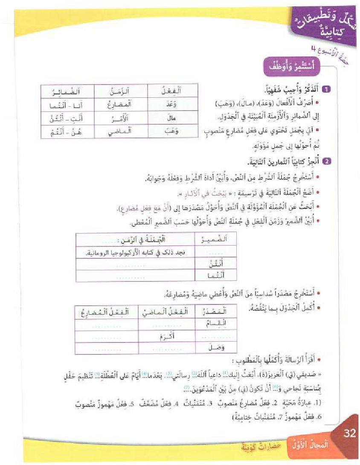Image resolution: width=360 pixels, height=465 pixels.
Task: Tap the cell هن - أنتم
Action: tap(67, 132)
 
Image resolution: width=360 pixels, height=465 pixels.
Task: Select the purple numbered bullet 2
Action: tap(327, 161)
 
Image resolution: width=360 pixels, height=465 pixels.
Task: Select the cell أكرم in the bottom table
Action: tap(163, 337)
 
